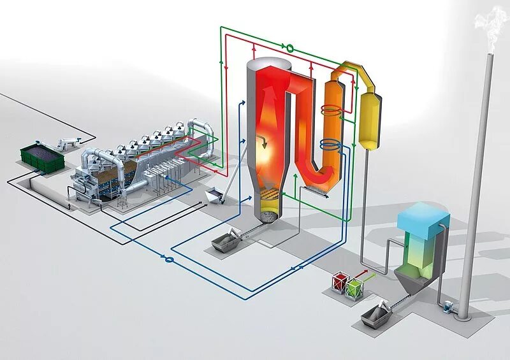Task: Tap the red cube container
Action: point(339,283)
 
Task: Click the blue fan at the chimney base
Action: point(449,308)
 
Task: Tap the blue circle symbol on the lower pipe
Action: point(169,259)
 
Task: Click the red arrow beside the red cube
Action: point(362,274)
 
